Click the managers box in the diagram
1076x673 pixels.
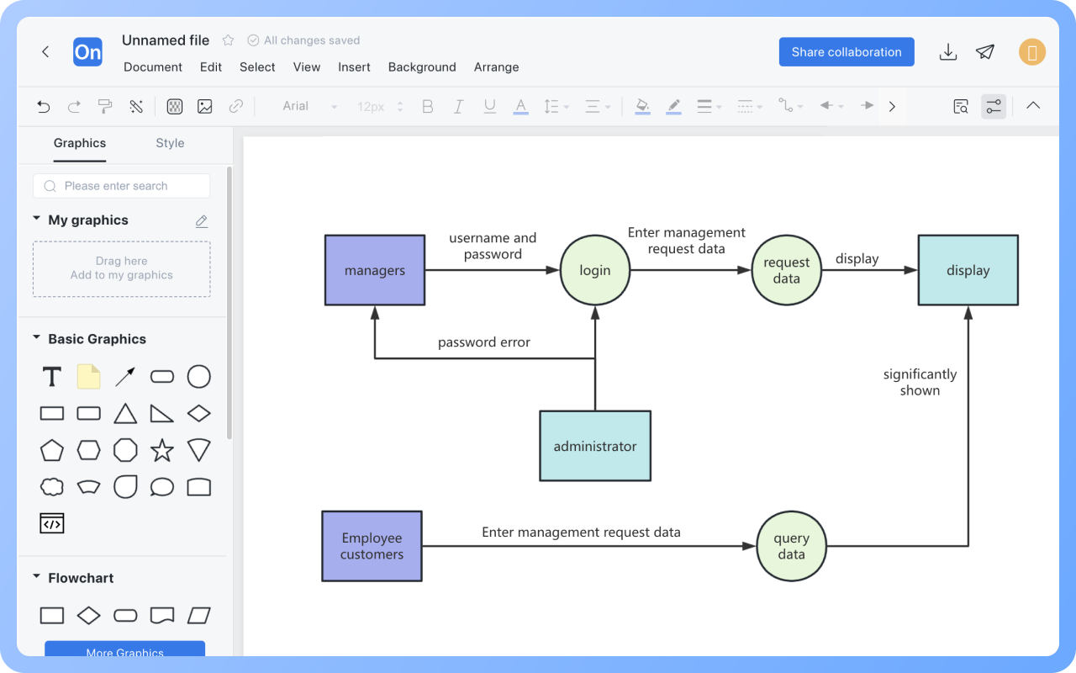pos(375,270)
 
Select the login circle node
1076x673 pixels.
pos(594,270)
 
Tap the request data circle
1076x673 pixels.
pos(786,270)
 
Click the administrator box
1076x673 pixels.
pos(595,446)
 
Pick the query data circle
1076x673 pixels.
pos(791,546)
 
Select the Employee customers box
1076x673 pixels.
pos(372,546)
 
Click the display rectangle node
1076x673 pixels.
pos(968,270)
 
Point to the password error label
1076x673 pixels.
pos(483,342)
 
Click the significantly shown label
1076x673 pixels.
pos(920,382)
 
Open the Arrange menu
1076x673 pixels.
pos(496,67)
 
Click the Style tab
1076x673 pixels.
pos(170,143)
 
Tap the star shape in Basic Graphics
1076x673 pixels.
pos(162,450)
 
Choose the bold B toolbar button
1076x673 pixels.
pos(428,106)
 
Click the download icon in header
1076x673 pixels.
pos(948,52)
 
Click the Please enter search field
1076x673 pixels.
pos(122,186)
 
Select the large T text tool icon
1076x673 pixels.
pos(52,377)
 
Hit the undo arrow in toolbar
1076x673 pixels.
pos(44,106)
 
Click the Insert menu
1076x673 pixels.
pos(354,67)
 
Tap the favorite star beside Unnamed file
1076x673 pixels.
pos(228,40)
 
